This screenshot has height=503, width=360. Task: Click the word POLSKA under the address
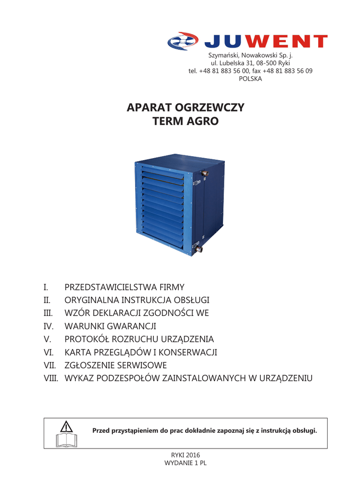(x=250, y=79)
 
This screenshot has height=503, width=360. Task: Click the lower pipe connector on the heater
(x=199, y=249)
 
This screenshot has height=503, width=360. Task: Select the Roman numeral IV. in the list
(x=48, y=326)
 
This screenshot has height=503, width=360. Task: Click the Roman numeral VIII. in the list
(x=51, y=379)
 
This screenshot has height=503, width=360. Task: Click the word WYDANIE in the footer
(x=178, y=463)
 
